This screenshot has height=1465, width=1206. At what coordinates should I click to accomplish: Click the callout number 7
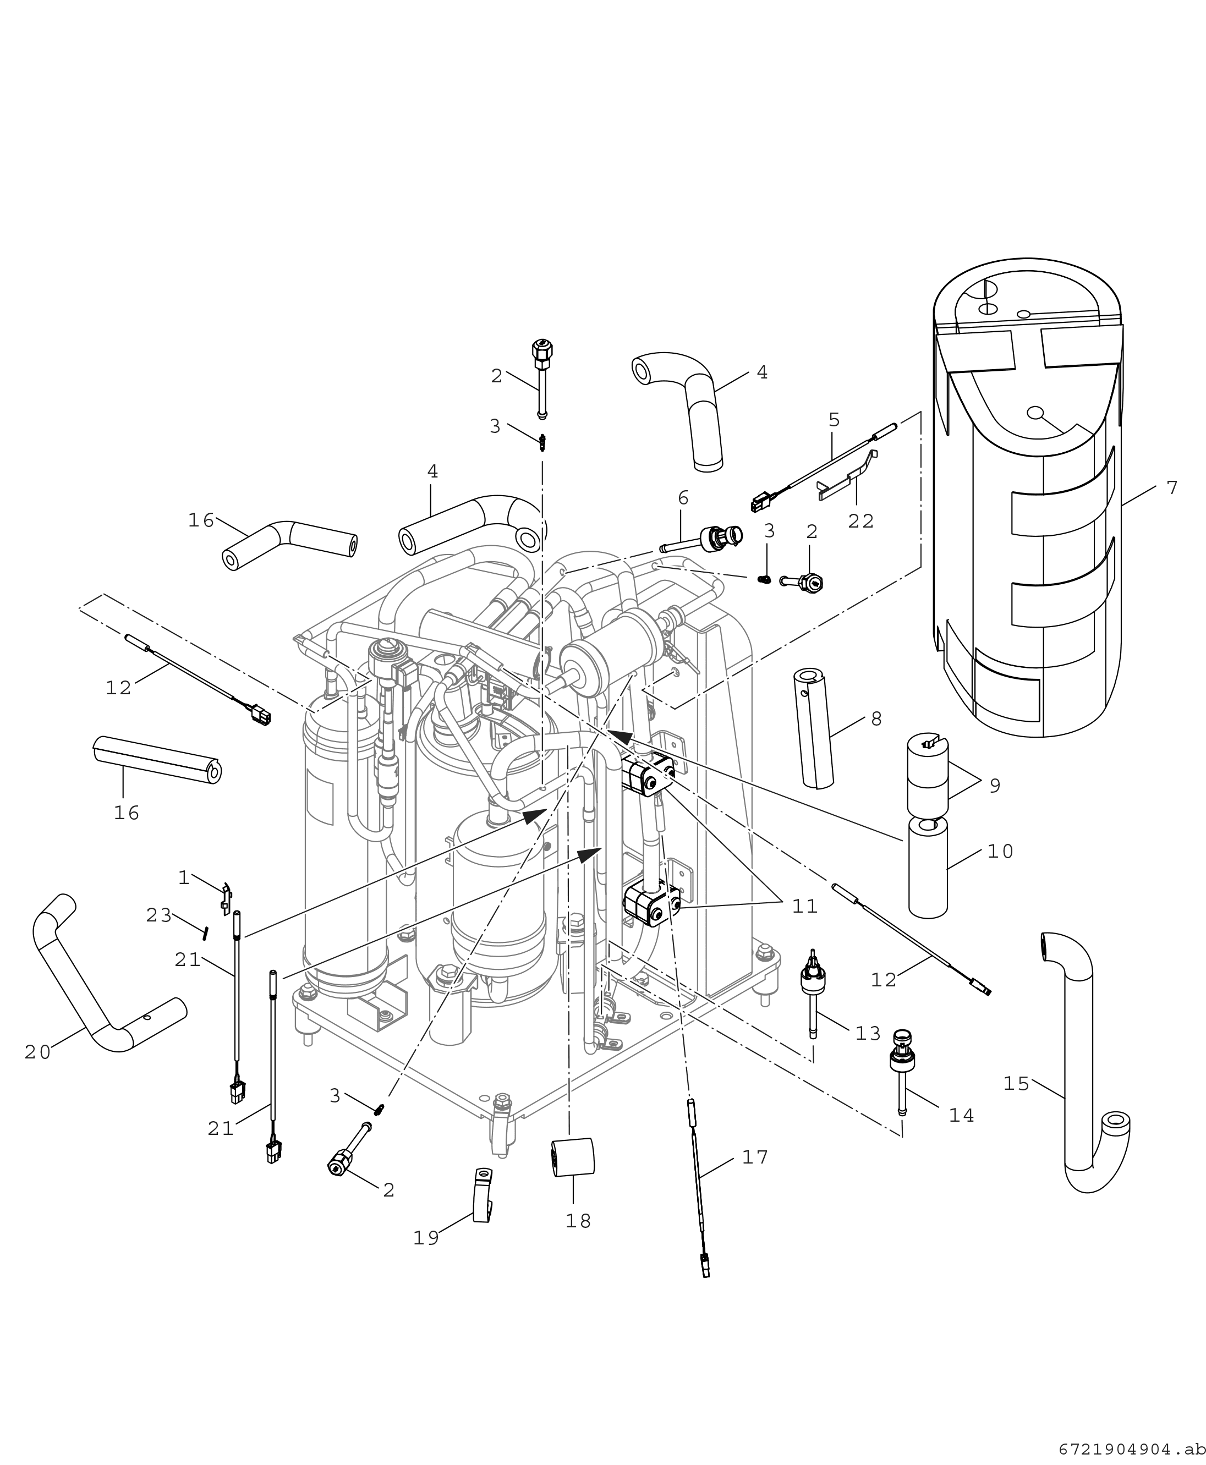(x=1172, y=489)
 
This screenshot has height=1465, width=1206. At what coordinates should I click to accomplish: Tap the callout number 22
(x=860, y=521)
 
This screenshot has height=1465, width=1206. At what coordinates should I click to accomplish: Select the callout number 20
(x=38, y=1053)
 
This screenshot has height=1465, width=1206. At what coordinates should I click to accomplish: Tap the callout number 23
(x=159, y=916)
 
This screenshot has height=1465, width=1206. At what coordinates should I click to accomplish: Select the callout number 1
(x=183, y=878)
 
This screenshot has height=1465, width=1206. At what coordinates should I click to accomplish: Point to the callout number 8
(x=876, y=720)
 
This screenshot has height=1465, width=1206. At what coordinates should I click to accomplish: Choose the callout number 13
(x=868, y=1034)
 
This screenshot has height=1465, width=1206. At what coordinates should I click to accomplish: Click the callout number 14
(x=962, y=1116)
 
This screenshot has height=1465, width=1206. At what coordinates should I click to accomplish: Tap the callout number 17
(x=755, y=1157)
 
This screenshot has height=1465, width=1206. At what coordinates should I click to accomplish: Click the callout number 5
(x=834, y=420)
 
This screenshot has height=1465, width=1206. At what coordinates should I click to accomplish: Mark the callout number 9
(x=995, y=786)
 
